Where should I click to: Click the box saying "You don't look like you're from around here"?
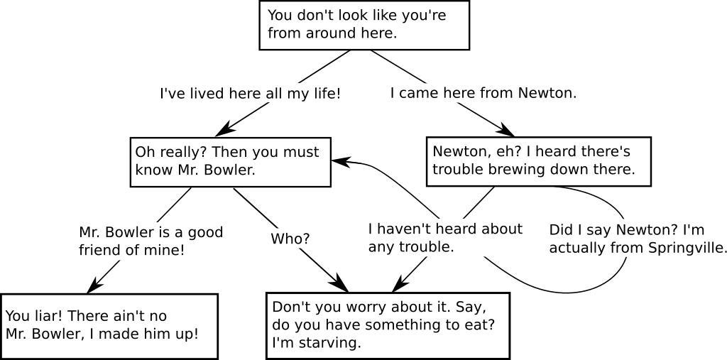(x=364, y=25)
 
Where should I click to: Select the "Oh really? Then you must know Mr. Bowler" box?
(x=231, y=162)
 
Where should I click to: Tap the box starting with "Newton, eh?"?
(x=539, y=162)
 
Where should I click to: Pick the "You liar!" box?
(x=109, y=326)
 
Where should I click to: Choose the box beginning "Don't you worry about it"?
(x=388, y=325)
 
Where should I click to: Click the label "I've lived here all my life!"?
(x=250, y=94)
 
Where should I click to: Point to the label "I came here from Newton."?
(x=483, y=93)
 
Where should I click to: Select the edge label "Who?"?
(x=290, y=239)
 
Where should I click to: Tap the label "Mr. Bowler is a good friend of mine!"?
(x=151, y=241)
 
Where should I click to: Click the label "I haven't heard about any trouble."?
(x=444, y=238)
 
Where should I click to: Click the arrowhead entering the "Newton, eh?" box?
(x=507, y=131)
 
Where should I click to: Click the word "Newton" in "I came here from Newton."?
(x=545, y=93)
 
